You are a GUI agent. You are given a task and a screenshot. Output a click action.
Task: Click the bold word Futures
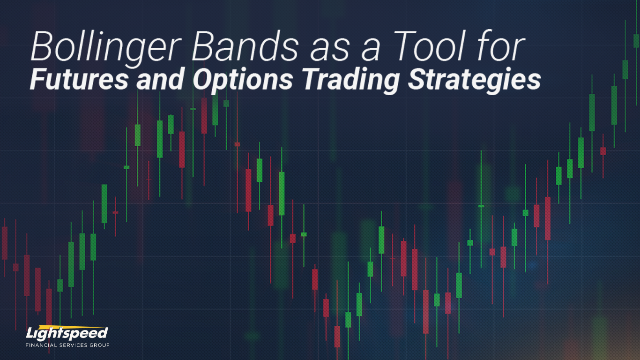[79, 79]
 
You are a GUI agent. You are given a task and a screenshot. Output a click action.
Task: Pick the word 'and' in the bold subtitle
[160, 79]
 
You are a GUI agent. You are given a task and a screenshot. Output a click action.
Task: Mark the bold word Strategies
[474, 79]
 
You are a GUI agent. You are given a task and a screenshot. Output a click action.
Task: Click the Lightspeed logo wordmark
[67, 334]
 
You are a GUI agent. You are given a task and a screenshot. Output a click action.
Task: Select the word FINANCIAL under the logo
[40, 345]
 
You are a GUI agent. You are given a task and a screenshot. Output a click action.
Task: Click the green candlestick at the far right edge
[636, 41]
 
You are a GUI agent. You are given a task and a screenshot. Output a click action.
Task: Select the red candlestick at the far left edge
[5, 243]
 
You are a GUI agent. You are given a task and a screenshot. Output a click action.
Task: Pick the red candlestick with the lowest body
[337, 337]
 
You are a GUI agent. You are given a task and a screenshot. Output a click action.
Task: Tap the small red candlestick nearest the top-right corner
[603, 150]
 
